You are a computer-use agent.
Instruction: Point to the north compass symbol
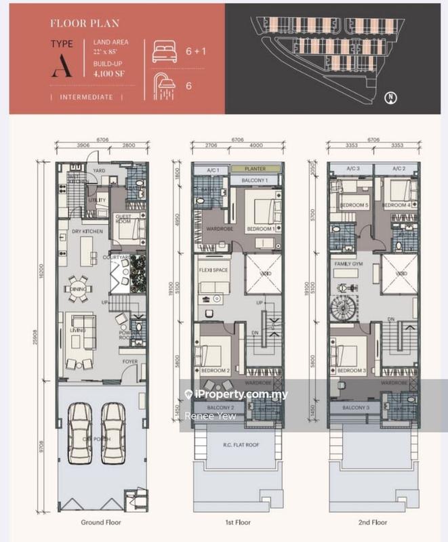pyautogui.click(x=391, y=98)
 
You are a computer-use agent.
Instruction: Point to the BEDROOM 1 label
pyautogui.click(x=261, y=229)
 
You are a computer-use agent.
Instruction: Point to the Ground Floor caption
pyautogui.click(x=101, y=522)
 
